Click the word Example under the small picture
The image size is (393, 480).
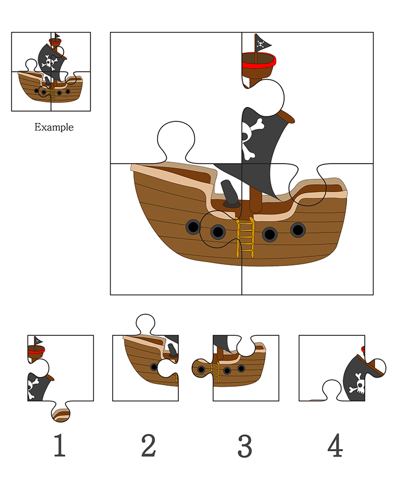(54, 127)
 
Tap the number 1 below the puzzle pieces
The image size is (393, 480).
(60, 445)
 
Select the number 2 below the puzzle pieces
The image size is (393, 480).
(149, 445)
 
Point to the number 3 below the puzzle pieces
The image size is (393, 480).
(245, 446)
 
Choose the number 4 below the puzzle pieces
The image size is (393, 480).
(335, 445)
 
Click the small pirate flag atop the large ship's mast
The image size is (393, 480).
(262, 43)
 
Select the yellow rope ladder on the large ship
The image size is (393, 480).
(246, 237)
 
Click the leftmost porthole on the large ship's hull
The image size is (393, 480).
(194, 227)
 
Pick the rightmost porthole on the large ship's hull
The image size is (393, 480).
(298, 230)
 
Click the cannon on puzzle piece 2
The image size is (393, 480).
(172, 350)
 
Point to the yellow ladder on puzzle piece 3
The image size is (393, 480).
(216, 372)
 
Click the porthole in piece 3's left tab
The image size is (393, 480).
(201, 369)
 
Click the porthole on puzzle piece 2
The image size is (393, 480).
(154, 367)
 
